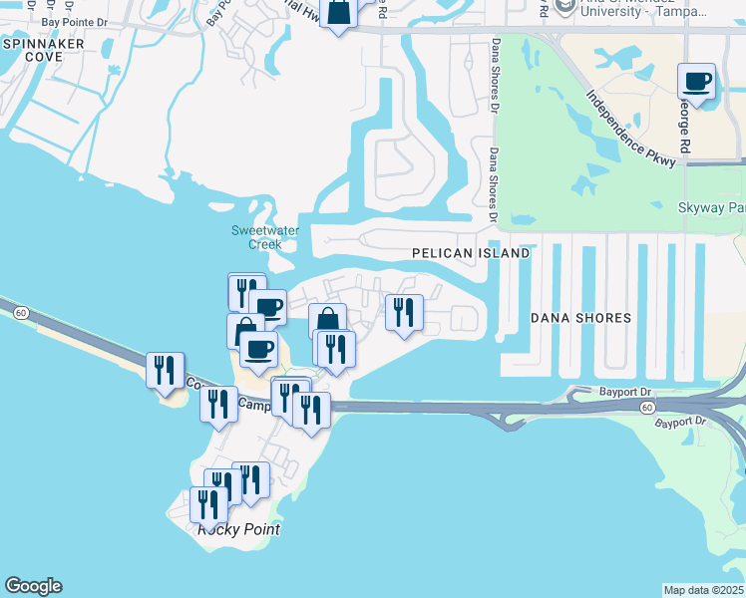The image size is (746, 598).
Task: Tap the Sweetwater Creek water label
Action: (265, 237)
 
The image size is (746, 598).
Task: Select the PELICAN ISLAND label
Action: (471, 254)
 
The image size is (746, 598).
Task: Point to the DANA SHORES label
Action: (580, 318)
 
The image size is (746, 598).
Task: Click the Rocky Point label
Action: (238, 529)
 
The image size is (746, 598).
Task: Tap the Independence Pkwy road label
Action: (631, 130)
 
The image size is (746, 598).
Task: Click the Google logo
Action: (33, 586)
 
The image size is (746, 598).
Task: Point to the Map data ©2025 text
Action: (703, 590)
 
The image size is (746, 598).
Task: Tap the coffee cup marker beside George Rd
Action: (697, 82)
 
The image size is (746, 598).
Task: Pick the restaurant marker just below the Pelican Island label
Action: (404, 313)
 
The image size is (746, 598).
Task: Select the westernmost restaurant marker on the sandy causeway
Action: (165, 371)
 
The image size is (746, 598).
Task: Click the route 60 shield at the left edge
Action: (20, 313)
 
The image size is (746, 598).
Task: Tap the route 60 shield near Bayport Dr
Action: (648, 408)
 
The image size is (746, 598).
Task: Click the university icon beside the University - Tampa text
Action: (564, 7)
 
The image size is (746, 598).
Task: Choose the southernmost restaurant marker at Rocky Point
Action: (208, 504)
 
